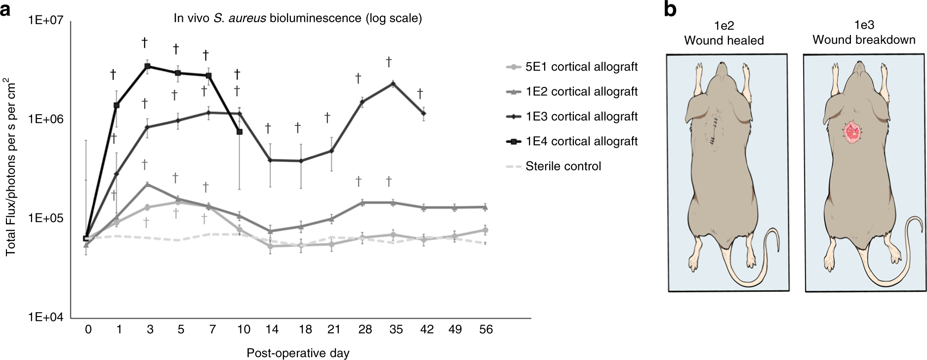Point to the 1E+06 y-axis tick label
(x=45, y=120)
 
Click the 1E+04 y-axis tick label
(x=45, y=318)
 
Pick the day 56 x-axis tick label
(x=486, y=329)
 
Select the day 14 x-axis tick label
(x=269, y=329)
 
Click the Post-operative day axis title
(x=298, y=353)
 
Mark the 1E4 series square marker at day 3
(x=147, y=66)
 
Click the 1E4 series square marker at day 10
(x=239, y=132)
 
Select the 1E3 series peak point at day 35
(x=393, y=83)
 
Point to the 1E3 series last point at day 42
(x=424, y=114)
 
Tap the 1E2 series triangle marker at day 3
(x=147, y=184)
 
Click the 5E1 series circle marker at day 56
(x=485, y=230)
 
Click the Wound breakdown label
(x=864, y=40)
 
